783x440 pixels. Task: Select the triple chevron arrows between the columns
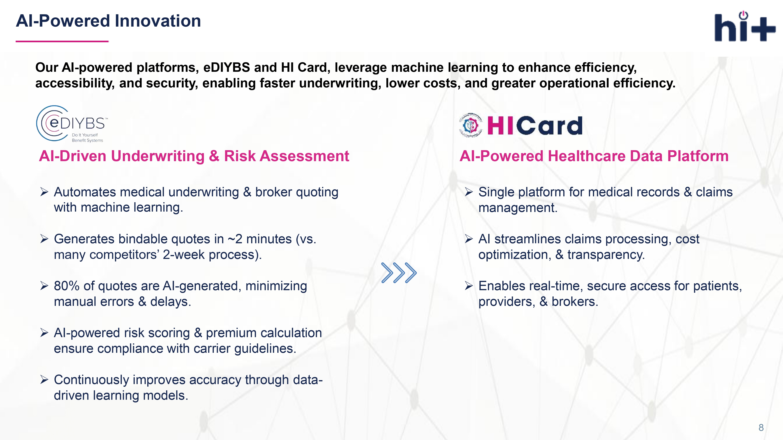[399, 273]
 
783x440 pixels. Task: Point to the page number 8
[761, 427]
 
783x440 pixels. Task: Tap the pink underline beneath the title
[62, 41]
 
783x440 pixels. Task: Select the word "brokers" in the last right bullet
[575, 302]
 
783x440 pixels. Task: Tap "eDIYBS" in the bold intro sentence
[226, 67]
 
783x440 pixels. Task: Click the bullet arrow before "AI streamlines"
[469, 239]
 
